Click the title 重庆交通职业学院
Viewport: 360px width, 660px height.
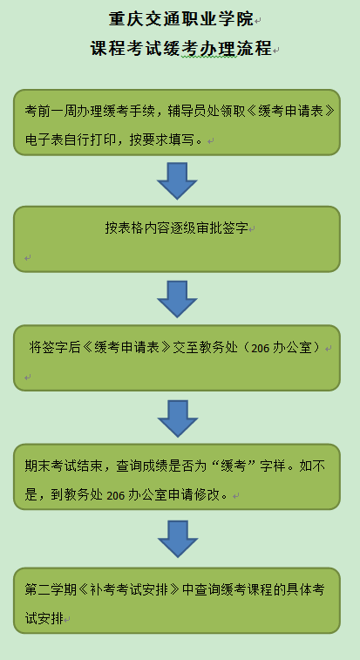[181, 19]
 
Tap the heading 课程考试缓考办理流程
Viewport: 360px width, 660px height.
[181, 48]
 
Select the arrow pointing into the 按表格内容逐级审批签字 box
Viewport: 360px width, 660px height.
[177, 180]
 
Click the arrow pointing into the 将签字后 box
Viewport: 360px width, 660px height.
[177, 299]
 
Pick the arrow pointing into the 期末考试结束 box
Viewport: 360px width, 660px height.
[178, 418]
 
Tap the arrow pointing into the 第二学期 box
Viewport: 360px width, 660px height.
[178, 539]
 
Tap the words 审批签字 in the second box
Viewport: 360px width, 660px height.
[222, 228]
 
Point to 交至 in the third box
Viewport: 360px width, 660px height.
[186, 348]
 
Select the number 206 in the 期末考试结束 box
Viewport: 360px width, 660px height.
[116, 496]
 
